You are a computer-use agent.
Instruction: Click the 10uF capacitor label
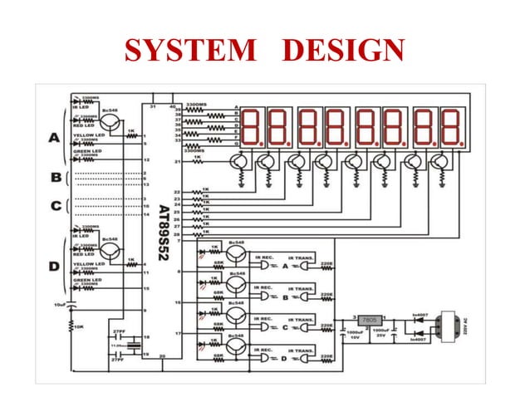(x=60, y=305)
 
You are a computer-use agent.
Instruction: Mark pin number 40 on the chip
(x=173, y=106)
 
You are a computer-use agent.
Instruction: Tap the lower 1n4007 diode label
(x=418, y=339)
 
